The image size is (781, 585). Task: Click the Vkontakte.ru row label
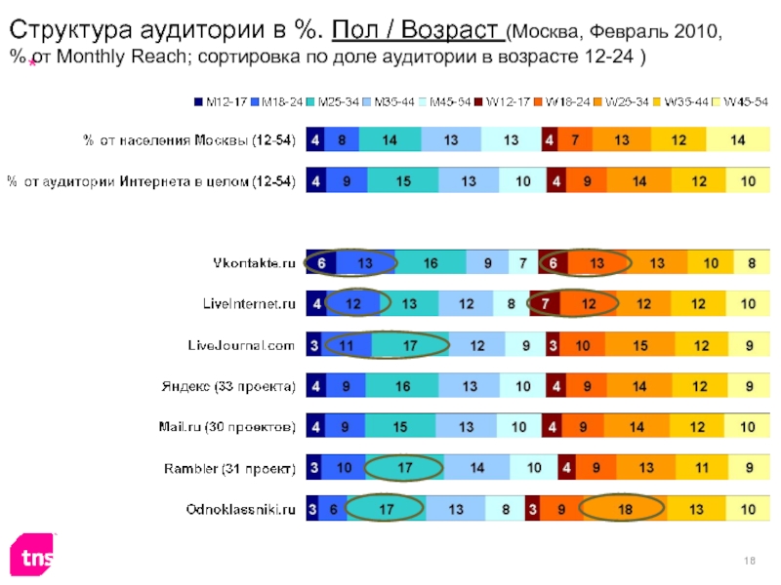pyautogui.click(x=254, y=263)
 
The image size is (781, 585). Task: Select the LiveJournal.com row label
pyautogui.click(x=241, y=345)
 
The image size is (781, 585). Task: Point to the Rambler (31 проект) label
pyautogui.click(x=230, y=468)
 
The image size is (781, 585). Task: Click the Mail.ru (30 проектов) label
pyautogui.click(x=227, y=427)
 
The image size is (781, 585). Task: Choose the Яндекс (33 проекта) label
pyautogui.click(x=227, y=386)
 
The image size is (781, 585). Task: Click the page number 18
pyautogui.click(x=752, y=558)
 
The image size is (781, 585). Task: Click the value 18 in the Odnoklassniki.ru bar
pyautogui.click(x=623, y=508)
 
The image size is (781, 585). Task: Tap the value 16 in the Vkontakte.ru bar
pyautogui.click(x=432, y=263)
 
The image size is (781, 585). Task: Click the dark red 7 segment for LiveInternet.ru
pyautogui.click(x=544, y=304)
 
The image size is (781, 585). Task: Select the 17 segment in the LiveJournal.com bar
pyautogui.click(x=410, y=345)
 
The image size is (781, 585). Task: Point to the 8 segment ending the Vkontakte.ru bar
pyautogui.click(x=751, y=263)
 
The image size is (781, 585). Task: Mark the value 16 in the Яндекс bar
pyautogui.click(x=402, y=386)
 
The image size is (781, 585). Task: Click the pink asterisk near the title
pyautogui.click(x=32, y=63)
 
